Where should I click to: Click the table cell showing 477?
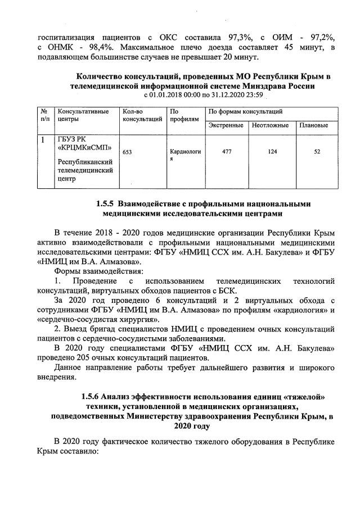pos(227,152)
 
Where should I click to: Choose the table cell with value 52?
pos(317,152)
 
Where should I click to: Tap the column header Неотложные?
pos(270,125)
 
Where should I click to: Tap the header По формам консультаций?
pos(242,112)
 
